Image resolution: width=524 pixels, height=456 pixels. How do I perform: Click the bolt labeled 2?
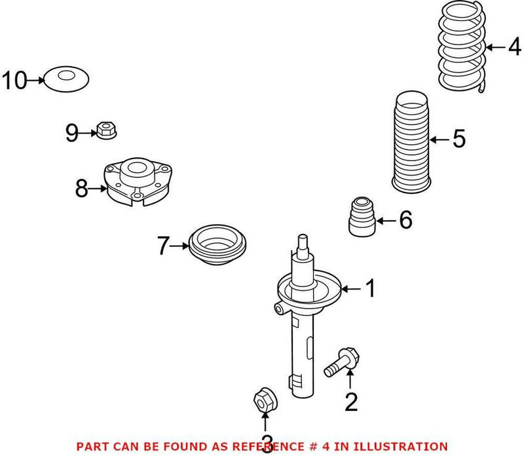pos(341,359)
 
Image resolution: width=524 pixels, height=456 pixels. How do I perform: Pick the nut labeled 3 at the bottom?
pos(264,398)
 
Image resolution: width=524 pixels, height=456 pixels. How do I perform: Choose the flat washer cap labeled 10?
pos(66,80)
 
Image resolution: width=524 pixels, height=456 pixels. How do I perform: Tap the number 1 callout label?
pos(370,288)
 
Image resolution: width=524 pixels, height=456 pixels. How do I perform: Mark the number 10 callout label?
pos(14,81)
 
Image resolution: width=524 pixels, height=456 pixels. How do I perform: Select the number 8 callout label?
pos(81,189)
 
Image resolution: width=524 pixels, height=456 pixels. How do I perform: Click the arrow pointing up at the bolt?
pos(350,379)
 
